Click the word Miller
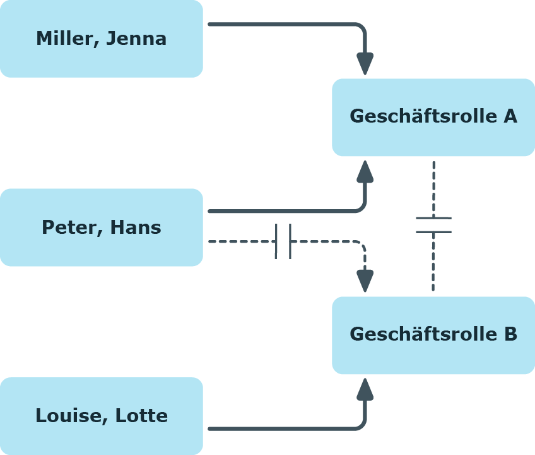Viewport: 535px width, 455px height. point(66,38)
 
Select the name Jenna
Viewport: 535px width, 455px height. point(136,38)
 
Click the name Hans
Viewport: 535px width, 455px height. point(136,227)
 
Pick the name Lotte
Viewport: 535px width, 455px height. point(141,415)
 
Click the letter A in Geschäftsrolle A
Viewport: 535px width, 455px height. point(510,116)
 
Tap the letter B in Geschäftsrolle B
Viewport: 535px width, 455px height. point(511,334)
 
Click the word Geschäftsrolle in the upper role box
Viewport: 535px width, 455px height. point(423,116)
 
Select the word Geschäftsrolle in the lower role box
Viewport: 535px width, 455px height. point(423,334)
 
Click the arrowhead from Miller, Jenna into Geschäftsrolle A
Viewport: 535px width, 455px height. point(365,64)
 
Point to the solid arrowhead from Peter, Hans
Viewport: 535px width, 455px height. point(365,171)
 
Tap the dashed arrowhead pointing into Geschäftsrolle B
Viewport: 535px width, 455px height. point(365,281)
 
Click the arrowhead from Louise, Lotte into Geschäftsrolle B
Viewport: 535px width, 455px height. point(365,389)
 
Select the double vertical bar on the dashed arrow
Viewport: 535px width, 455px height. point(283,241)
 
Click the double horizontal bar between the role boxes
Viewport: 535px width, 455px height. point(433,225)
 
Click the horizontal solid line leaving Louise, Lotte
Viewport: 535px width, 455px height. point(281,428)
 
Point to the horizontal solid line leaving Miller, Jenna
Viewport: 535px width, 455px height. point(281,24)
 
